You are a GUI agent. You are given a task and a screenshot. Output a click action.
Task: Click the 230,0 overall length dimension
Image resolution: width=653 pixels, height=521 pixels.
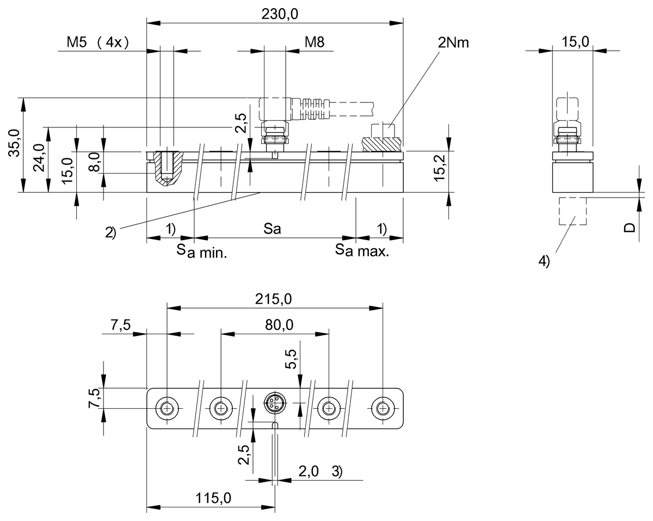[280, 15]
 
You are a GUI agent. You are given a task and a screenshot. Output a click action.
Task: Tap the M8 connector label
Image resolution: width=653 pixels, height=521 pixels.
[315, 42]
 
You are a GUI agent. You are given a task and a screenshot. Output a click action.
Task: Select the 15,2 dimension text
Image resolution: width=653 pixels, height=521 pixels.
[439, 167]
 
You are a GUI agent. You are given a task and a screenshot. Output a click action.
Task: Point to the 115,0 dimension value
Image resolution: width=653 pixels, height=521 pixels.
[212, 498]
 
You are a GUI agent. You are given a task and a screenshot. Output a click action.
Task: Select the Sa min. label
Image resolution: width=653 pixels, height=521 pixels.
[201, 252]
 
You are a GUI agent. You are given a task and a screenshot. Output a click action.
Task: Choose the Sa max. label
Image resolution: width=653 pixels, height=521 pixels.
[361, 251]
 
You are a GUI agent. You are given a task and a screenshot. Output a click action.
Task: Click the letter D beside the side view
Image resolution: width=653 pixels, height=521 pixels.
[629, 227]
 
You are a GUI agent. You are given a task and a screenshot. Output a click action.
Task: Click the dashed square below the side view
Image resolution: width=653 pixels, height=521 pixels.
[572, 211]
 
